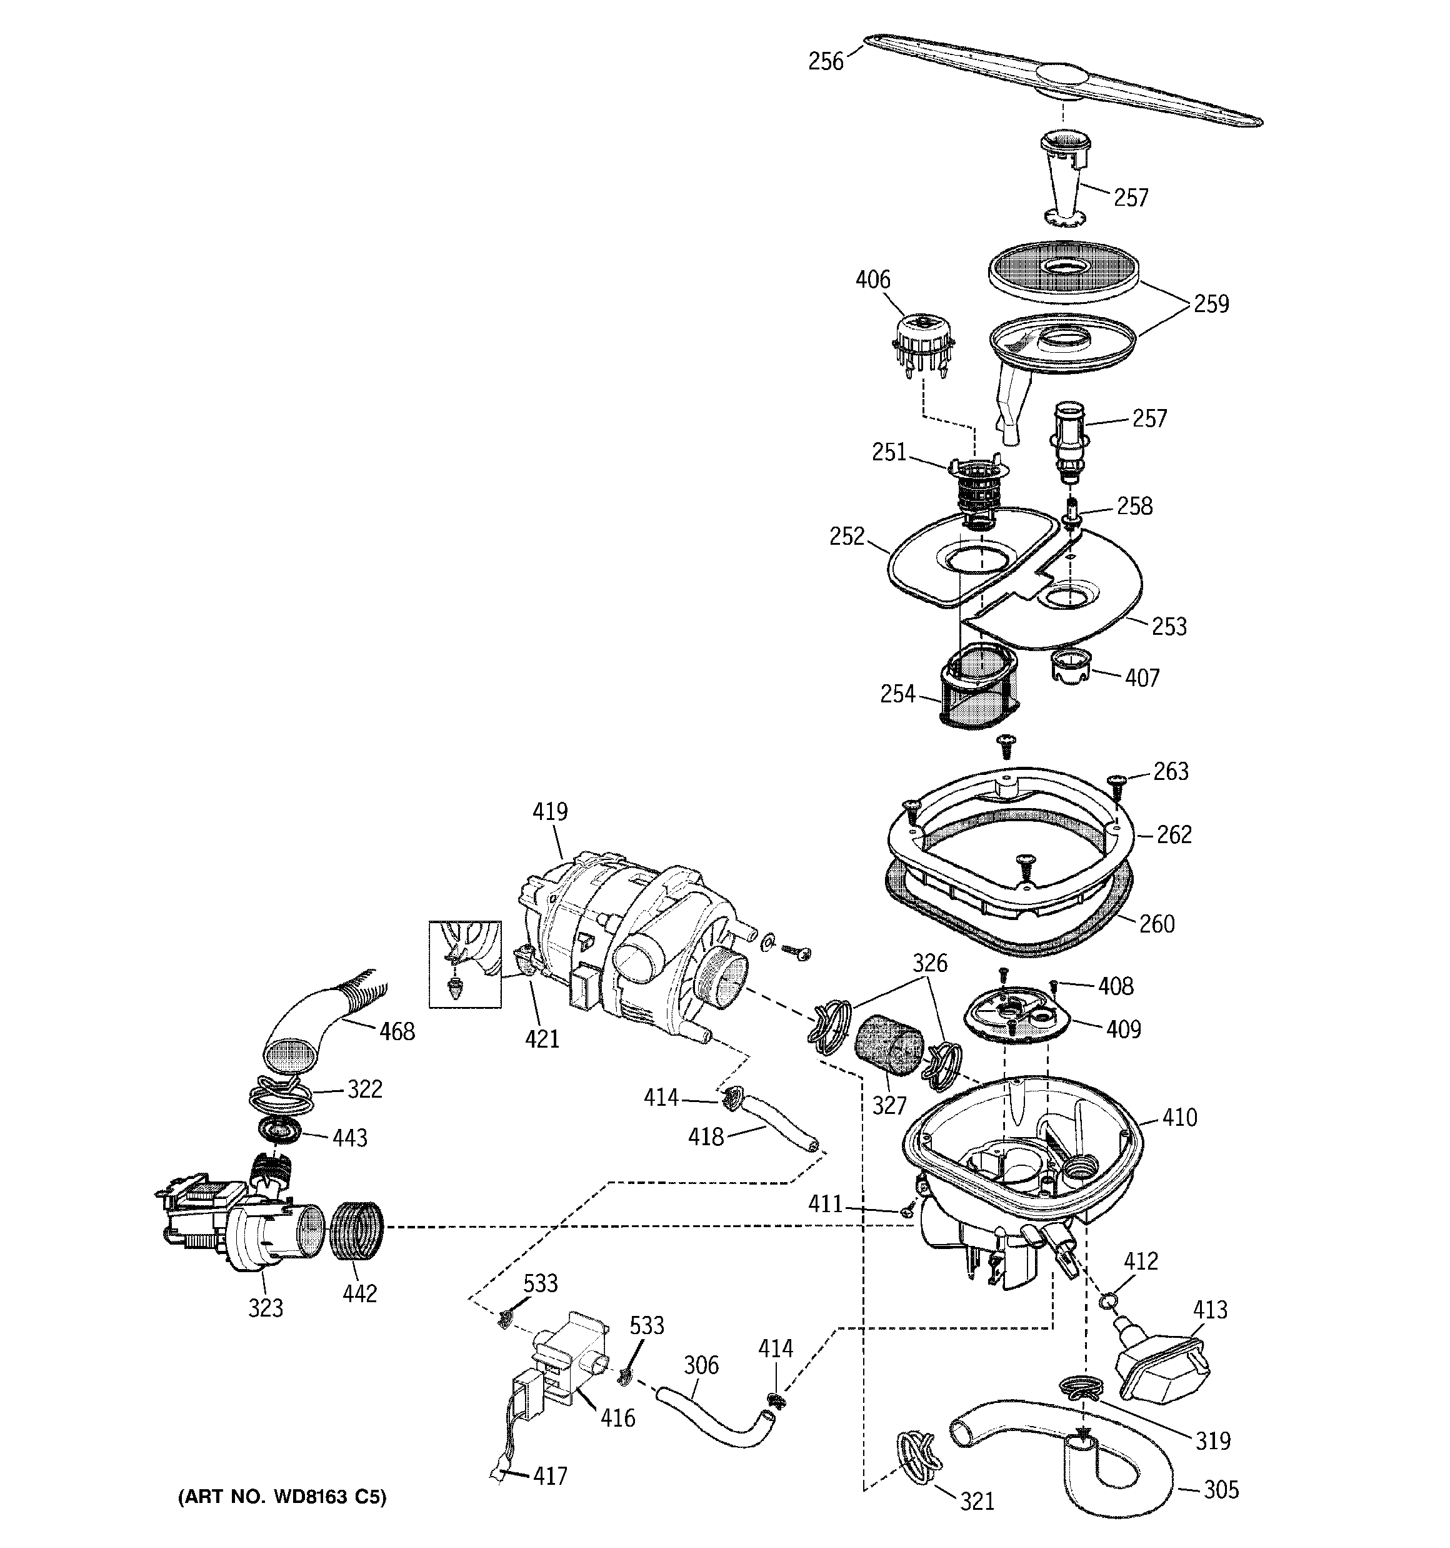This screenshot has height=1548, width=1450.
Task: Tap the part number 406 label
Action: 872,280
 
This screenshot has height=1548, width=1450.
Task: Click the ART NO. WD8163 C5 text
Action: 282,1496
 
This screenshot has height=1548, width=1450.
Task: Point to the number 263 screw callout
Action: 1170,771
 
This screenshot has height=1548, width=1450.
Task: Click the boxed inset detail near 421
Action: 464,964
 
